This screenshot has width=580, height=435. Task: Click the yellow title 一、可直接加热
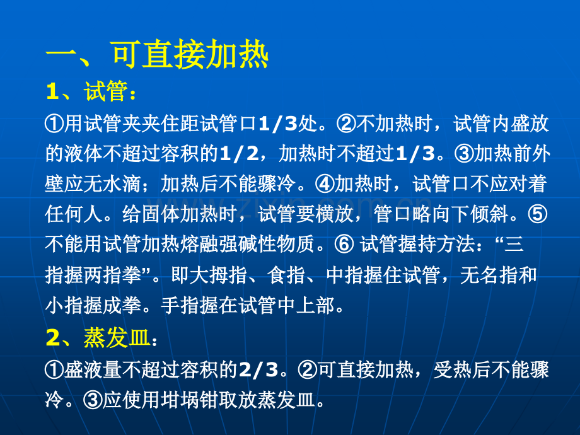tap(157, 55)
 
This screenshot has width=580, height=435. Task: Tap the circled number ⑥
tap(344, 245)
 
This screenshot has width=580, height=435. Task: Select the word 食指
tap(287, 275)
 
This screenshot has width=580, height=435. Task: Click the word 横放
tap(335, 214)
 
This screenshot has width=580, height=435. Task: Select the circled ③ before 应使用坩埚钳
tap(93, 400)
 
